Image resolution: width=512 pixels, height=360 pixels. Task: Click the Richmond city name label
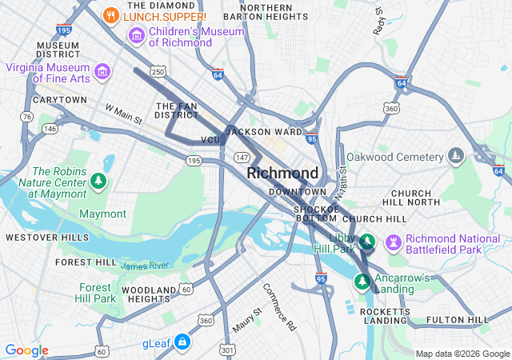[x=282, y=173]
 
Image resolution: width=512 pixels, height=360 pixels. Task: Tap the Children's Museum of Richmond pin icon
[x=136, y=36]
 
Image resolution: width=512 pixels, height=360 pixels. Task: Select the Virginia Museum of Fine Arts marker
[x=102, y=73]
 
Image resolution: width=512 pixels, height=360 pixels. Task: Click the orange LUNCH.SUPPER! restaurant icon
[x=111, y=15]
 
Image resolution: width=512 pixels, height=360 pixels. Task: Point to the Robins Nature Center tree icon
[x=98, y=182]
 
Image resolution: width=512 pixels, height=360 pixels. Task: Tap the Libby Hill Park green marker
[x=366, y=241]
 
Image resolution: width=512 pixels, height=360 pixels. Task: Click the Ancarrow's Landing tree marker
[x=362, y=282]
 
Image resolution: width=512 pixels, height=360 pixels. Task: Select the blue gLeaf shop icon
[x=182, y=342]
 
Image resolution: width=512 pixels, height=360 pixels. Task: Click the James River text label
[x=146, y=266]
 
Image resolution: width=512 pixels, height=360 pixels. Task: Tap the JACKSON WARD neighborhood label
[x=264, y=131]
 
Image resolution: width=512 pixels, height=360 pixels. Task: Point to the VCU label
[x=210, y=140]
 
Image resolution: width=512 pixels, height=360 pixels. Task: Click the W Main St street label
[x=123, y=114]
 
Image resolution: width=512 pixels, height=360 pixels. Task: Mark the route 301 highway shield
[x=229, y=349]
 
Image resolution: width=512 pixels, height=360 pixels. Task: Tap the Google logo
[x=26, y=350]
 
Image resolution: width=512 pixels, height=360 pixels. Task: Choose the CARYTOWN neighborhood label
[x=59, y=100]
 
